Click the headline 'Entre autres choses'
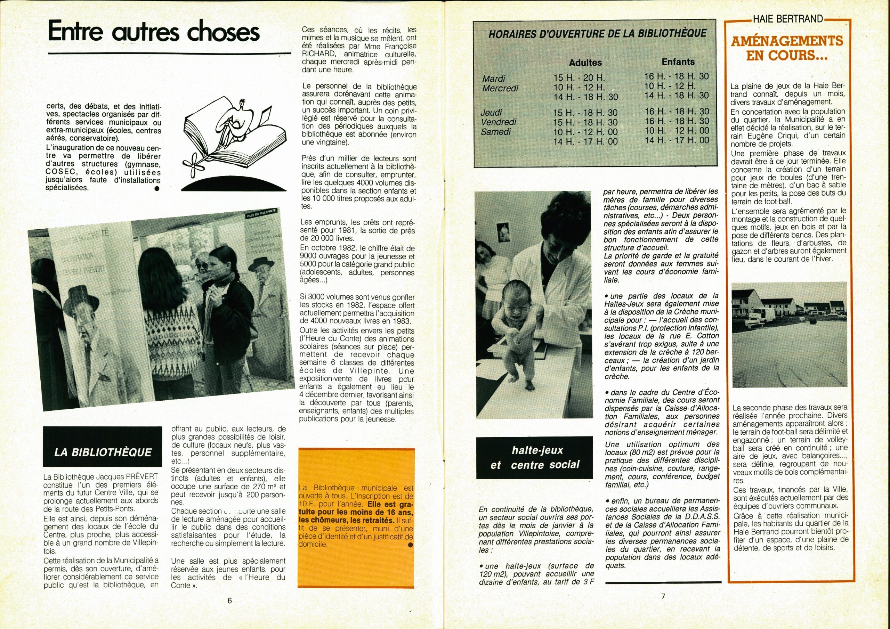click(154, 33)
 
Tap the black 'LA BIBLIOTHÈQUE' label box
click(103, 452)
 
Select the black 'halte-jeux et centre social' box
click(535, 457)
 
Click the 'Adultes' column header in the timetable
click(585, 63)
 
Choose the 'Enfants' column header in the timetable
click(678, 62)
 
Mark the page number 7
click(663, 596)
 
